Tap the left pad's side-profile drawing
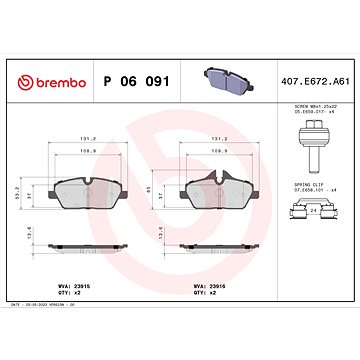pos(87,245)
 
